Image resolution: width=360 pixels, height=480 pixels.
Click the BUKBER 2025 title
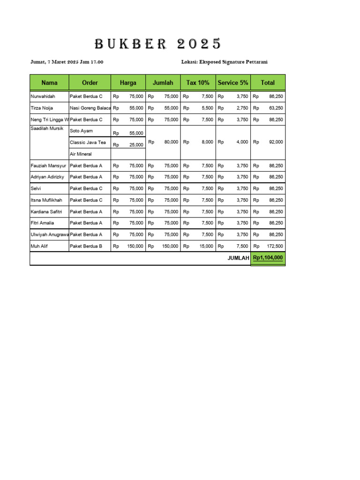coord(158,44)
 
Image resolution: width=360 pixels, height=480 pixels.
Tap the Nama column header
coord(49,82)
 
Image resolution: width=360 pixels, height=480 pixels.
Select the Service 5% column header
coord(233,82)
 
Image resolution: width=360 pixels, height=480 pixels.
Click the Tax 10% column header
coord(198,82)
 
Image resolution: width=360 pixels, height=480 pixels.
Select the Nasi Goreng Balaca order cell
coord(90,108)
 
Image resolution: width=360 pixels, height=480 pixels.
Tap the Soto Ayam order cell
coord(81,131)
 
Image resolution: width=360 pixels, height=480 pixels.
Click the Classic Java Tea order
coord(88,142)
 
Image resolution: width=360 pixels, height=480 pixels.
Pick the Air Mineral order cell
coord(81,154)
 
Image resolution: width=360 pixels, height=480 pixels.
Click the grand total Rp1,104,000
coord(268,258)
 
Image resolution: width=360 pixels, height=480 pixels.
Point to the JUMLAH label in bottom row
coord(238,258)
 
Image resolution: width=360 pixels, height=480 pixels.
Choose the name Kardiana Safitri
coord(46,211)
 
